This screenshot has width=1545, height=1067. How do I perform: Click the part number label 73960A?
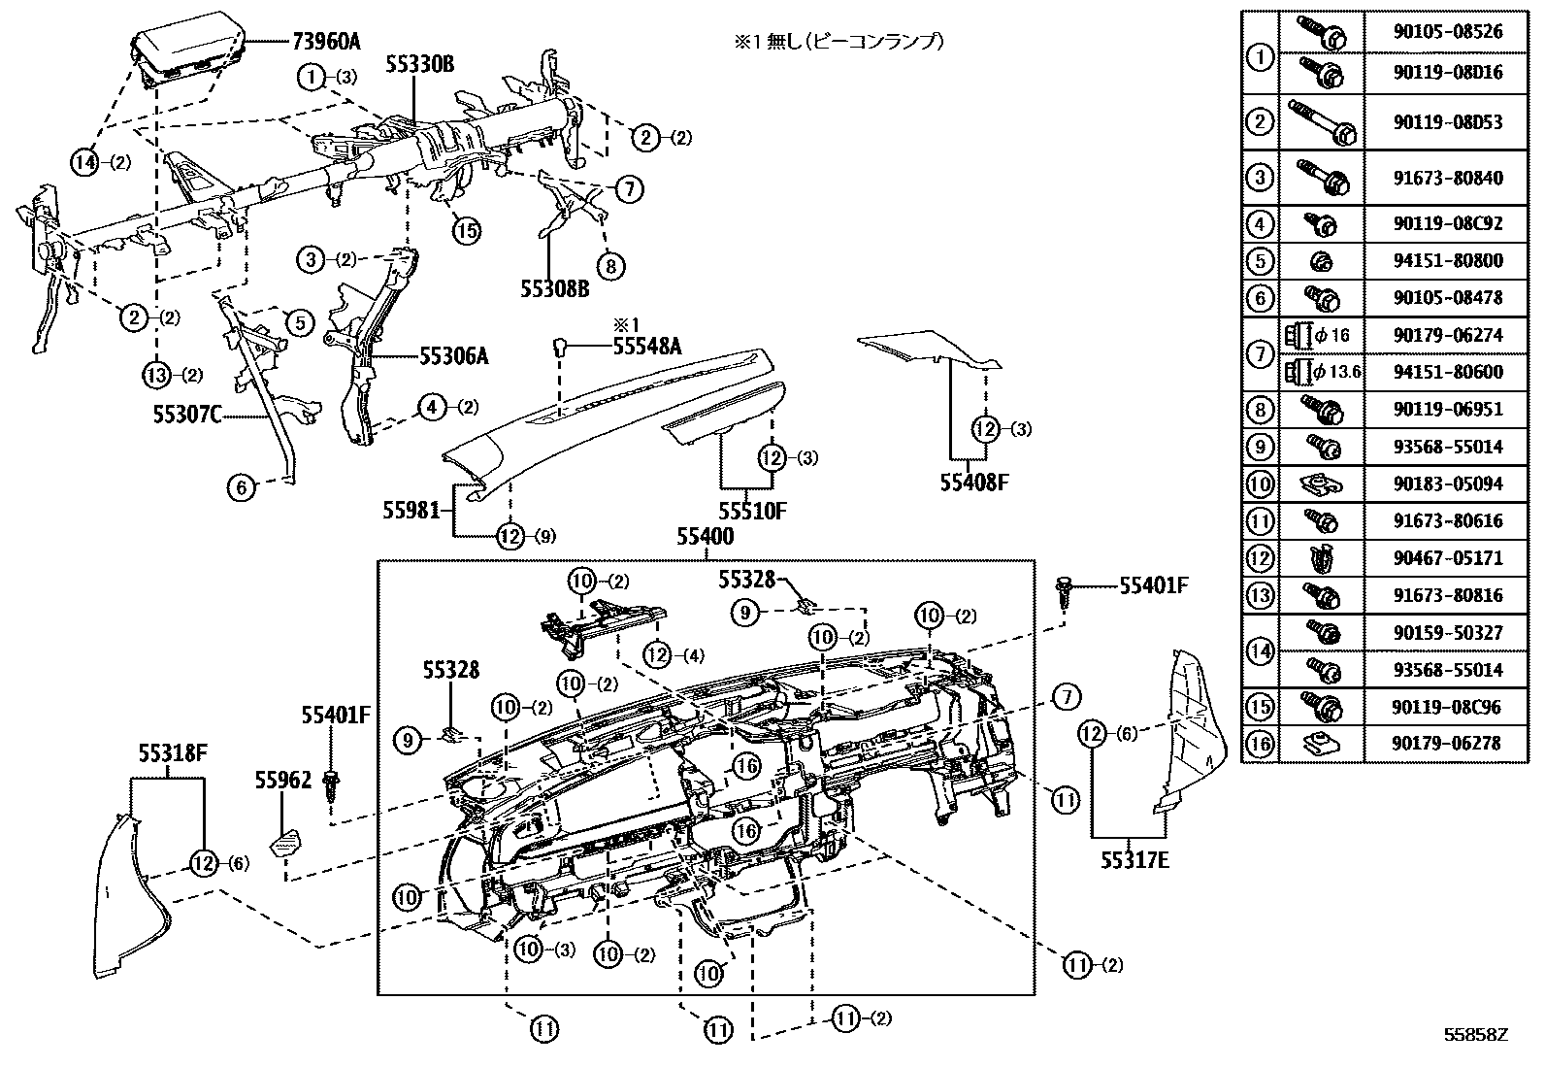pyautogui.click(x=325, y=41)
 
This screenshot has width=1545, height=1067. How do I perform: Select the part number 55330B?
pyautogui.click(x=419, y=65)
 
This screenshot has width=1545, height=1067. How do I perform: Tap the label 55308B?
pyautogui.click(x=555, y=288)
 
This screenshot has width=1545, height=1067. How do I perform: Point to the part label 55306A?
pyautogui.click(x=453, y=356)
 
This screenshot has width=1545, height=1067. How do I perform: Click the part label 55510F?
pyautogui.click(x=752, y=510)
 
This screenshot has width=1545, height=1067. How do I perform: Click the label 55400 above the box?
pyautogui.click(x=705, y=537)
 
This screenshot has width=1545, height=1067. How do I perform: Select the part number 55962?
pyautogui.click(x=283, y=779)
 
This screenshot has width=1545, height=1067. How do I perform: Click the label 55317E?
pyautogui.click(x=1134, y=858)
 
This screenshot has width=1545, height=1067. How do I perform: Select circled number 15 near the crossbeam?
pyautogui.click(x=467, y=230)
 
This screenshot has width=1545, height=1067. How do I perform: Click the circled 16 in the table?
pyautogui.click(x=1260, y=744)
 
